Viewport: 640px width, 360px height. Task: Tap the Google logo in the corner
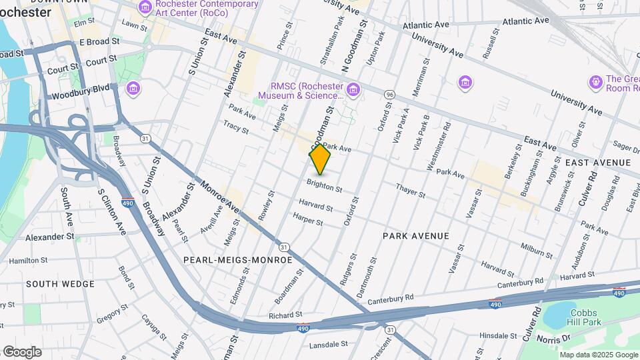click(x=22, y=351)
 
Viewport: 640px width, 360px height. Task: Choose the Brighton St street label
click(x=325, y=185)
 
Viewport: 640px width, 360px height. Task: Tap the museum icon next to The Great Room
click(x=595, y=82)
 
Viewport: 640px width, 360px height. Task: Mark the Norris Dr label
click(x=559, y=339)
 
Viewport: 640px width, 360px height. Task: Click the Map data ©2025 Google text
click(x=597, y=354)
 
